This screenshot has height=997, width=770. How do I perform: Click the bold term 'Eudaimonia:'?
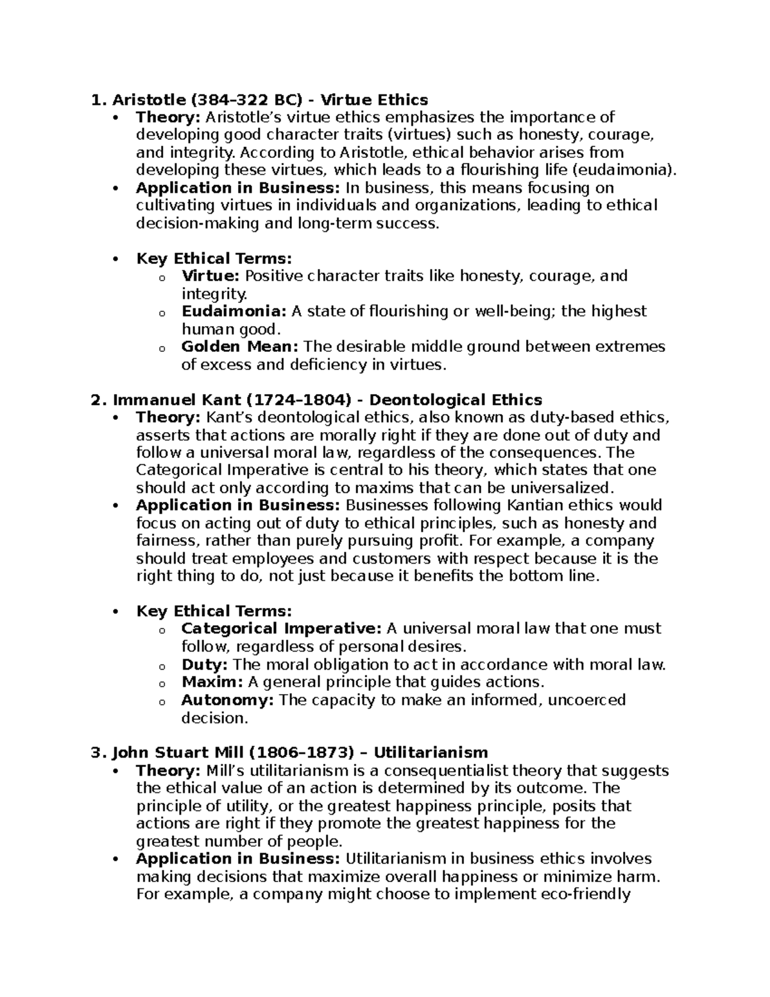pyautogui.click(x=234, y=311)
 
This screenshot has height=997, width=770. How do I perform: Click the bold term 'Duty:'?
pyautogui.click(x=205, y=664)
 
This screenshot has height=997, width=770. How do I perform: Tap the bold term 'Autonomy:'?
pyautogui.click(x=228, y=700)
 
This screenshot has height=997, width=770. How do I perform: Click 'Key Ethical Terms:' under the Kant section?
pyautogui.click(x=214, y=611)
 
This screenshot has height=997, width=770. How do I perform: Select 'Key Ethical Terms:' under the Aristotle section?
pyautogui.click(x=214, y=259)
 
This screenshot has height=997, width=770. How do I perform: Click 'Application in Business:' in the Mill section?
pyautogui.click(x=238, y=859)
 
